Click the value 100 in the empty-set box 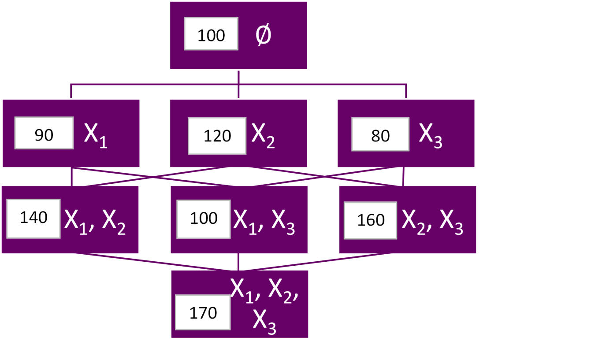tap(211, 34)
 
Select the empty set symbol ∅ tap(264, 35)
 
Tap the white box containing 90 tap(44, 133)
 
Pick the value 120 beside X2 tap(217, 136)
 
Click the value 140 tap(33, 218)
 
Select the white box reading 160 tap(371, 220)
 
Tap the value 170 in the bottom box tap(203, 313)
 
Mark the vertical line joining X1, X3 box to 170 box tap(238, 262)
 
